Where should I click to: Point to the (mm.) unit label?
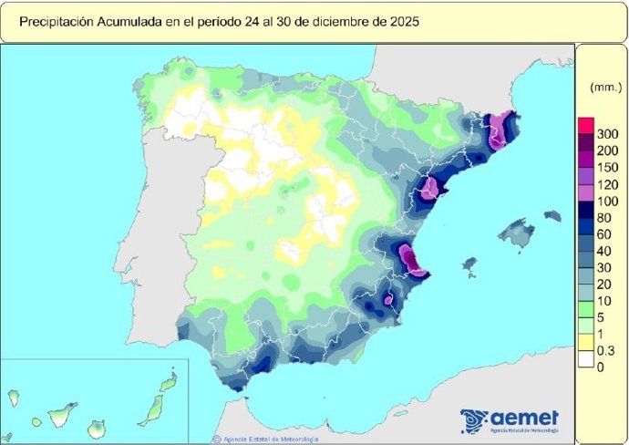coord(604,88)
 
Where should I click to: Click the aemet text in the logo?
coord(526,418)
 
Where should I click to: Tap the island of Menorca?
coord(552,216)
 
